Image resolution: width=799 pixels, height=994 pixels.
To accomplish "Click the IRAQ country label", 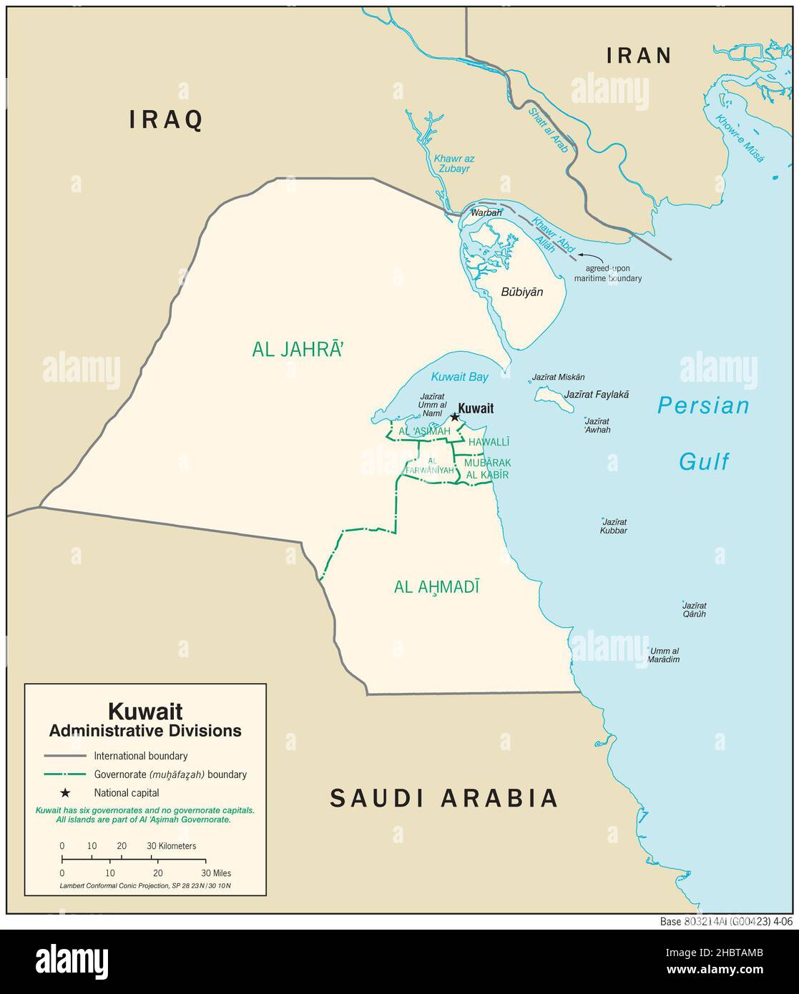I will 166,120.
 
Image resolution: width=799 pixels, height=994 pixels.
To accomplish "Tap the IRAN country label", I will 639,56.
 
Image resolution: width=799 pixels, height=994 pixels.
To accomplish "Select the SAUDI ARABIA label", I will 443,798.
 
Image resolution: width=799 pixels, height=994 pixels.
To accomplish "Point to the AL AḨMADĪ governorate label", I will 436,587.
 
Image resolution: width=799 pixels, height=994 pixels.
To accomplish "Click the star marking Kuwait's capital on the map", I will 454,417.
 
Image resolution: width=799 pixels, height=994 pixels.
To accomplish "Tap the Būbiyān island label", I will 521,292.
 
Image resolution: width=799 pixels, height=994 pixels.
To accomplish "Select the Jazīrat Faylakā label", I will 597,394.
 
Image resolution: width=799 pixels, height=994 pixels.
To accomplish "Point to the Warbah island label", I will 486,213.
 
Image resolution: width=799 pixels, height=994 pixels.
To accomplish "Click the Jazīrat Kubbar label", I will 614,526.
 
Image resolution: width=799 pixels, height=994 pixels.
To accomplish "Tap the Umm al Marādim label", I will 663,655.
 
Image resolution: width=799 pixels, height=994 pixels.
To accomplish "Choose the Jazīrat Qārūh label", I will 695,609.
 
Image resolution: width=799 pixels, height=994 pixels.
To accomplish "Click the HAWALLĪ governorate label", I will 489,443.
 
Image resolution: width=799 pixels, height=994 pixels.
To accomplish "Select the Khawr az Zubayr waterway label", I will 454,164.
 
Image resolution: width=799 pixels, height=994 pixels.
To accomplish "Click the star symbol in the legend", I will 65,792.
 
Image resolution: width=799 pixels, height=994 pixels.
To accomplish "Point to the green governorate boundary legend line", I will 64,774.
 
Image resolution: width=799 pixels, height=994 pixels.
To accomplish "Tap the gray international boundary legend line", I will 64,756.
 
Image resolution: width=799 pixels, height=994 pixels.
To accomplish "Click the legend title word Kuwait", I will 145,712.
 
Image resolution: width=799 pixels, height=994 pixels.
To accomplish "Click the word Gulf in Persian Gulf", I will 704,462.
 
